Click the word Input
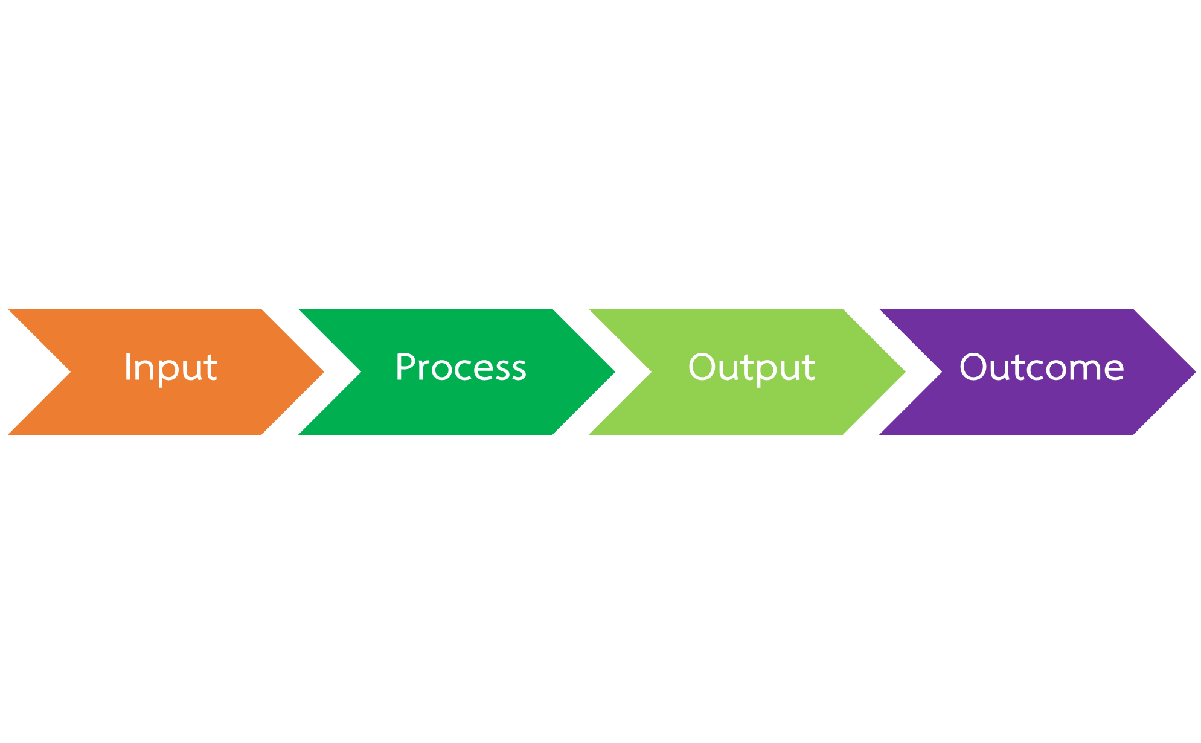[170, 368]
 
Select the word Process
[461, 367]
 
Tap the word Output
[752, 368]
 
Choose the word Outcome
[1042, 367]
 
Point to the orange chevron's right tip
[324, 372]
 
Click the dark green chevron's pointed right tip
[615, 372]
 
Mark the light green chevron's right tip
[905, 372]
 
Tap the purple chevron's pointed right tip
[1196, 372]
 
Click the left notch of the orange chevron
[71, 372]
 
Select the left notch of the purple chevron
[942, 372]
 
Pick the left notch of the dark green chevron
[361, 372]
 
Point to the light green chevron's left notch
[652, 372]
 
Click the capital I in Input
[127, 367]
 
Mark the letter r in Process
[427, 371]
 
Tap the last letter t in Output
[809, 368]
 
